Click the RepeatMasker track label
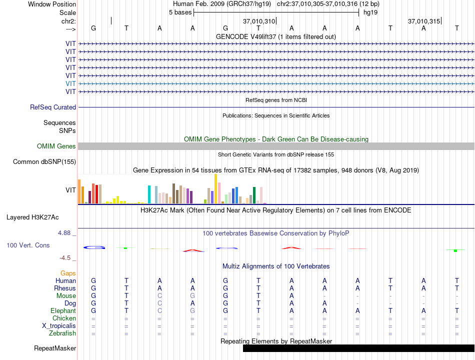(x=55, y=348)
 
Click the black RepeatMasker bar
(x=358, y=348)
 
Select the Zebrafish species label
(x=62, y=333)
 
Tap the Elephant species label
(x=63, y=311)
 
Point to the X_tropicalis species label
(x=59, y=326)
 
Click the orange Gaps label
(x=68, y=273)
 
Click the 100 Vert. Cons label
(x=28, y=245)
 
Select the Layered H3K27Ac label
(x=32, y=217)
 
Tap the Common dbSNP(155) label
(x=44, y=162)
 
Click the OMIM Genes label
(x=56, y=146)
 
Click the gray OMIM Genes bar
(x=276, y=146)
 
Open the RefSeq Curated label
(x=53, y=107)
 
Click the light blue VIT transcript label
(x=70, y=83)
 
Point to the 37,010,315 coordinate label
(x=424, y=21)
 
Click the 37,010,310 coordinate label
(x=259, y=21)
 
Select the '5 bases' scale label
(x=180, y=12)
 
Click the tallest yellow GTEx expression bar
(x=215, y=189)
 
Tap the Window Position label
(x=52, y=4)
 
